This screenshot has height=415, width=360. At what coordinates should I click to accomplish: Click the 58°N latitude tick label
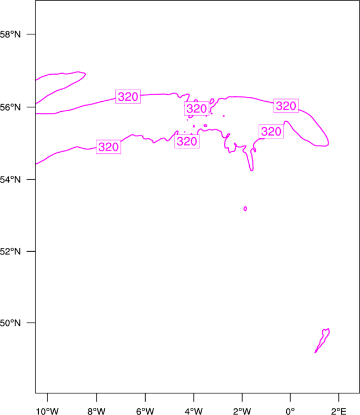click(10, 34)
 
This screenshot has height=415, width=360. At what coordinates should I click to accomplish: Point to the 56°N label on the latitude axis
click(10, 107)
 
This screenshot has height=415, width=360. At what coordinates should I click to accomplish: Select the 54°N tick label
click(10, 179)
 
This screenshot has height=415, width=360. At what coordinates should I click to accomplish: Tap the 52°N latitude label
click(10, 251)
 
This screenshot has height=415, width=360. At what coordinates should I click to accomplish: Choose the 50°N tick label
click(10, 323)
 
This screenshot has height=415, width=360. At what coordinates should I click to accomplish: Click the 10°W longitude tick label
click(48, 411)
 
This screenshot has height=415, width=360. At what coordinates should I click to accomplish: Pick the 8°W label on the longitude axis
click(96, 411)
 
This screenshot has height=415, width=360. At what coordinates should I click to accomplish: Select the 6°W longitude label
click(145, 411)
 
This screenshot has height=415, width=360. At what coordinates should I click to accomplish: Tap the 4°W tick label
click(194, 411)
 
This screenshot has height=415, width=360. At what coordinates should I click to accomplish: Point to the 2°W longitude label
click(242, 411)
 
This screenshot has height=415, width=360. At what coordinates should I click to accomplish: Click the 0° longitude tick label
click(290, 411)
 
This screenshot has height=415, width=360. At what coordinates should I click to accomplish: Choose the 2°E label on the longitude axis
click(338, 411)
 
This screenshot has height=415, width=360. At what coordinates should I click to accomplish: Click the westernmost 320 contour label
click(109, 147)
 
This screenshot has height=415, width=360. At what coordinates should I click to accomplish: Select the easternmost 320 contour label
click(286, 106)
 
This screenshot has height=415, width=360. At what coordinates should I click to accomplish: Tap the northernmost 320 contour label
click(128, 97)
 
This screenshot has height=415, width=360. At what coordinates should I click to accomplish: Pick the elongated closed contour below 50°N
click(322, 340)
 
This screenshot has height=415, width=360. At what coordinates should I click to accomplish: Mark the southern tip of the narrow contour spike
click(251, 170)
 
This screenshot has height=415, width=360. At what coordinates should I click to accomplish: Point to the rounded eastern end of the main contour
click(328, 143)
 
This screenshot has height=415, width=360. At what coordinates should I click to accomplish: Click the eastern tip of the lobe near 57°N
click(85, 74)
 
